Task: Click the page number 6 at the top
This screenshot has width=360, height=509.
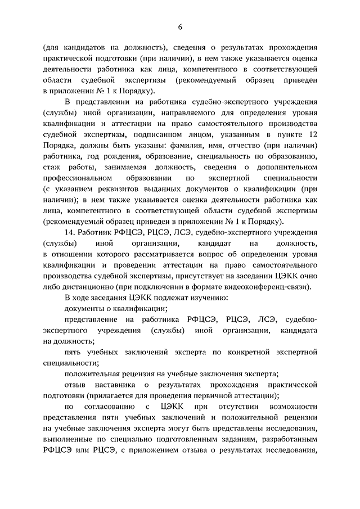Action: [180, 26]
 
